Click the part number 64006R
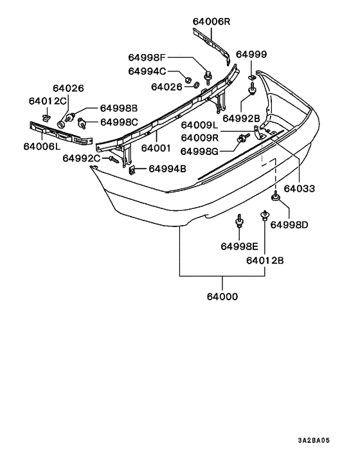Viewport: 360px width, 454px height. pyautogui.click(x=211, y=21)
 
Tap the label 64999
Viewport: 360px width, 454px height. pyautogui.click(x=251, y=55)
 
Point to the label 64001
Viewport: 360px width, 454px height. pyautogui.click(x=155, y=147)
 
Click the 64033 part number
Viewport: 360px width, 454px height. pyautogui.click(x=300, y=189)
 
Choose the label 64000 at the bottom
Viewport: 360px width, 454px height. pyautogui.click(x=222, y=297)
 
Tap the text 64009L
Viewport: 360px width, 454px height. pyautogui.click(x=201, y=125)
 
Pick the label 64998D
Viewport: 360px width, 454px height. pyautogui.click(x=289, y=224)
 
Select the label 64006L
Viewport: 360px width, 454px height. pyautogui.click(x=42, y=146)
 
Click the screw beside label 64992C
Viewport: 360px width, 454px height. pyautogui.click(x=113, y=158)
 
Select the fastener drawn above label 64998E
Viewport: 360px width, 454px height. pyautogui.click(x=239, y=222)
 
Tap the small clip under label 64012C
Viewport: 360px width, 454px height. pyautogui.click(x=47, y=116)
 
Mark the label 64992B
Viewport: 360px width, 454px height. pyautogui.click(x=241, y=118)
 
